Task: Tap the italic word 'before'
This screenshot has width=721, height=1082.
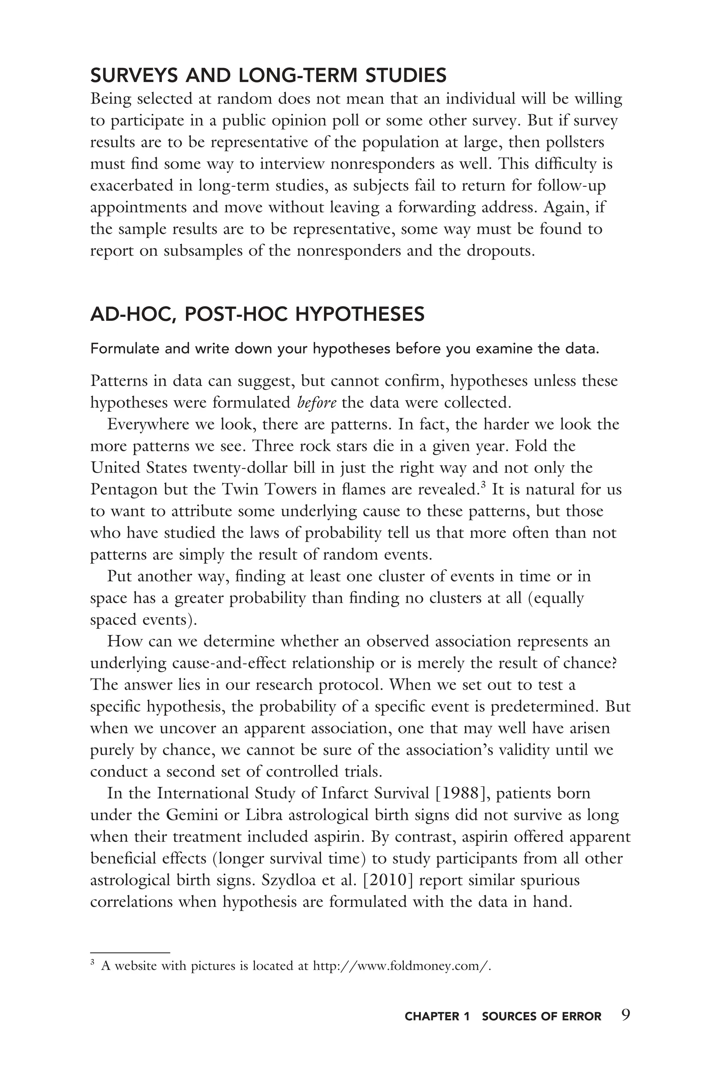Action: click(x=317, y=403)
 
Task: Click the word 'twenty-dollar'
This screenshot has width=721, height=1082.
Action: click(x=239, y=467)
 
